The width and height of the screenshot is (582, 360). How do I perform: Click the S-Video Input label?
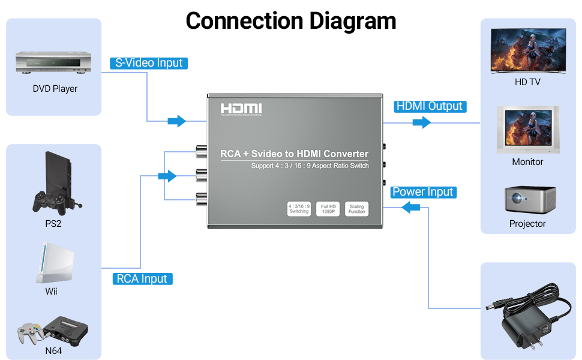click(x=149, y=63)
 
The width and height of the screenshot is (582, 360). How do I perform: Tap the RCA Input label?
click(x=142, y=278)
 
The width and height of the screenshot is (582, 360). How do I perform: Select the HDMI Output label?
click(x=430, y=106)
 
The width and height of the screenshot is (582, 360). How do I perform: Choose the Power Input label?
click(x=423, y=192)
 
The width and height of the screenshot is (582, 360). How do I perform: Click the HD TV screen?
click(x=527, y=51)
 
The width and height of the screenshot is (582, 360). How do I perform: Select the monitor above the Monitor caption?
click(x=527, y=130)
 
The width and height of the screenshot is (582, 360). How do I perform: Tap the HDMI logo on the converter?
click(x=241, y=109)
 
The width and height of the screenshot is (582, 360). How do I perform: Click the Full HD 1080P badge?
click(x=328, y=209)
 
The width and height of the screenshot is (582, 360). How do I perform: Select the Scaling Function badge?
click(x=356, y=209)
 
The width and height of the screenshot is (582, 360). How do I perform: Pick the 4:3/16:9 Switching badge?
click(x=299, y=209)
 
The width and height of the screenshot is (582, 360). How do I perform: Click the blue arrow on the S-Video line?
click(x=176, y=121)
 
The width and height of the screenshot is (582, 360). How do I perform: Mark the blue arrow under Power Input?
click(x=411, y=208)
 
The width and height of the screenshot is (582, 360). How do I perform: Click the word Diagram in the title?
click(x=352, y=21)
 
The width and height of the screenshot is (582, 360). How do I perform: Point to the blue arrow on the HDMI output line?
click(x=422, y=122)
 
